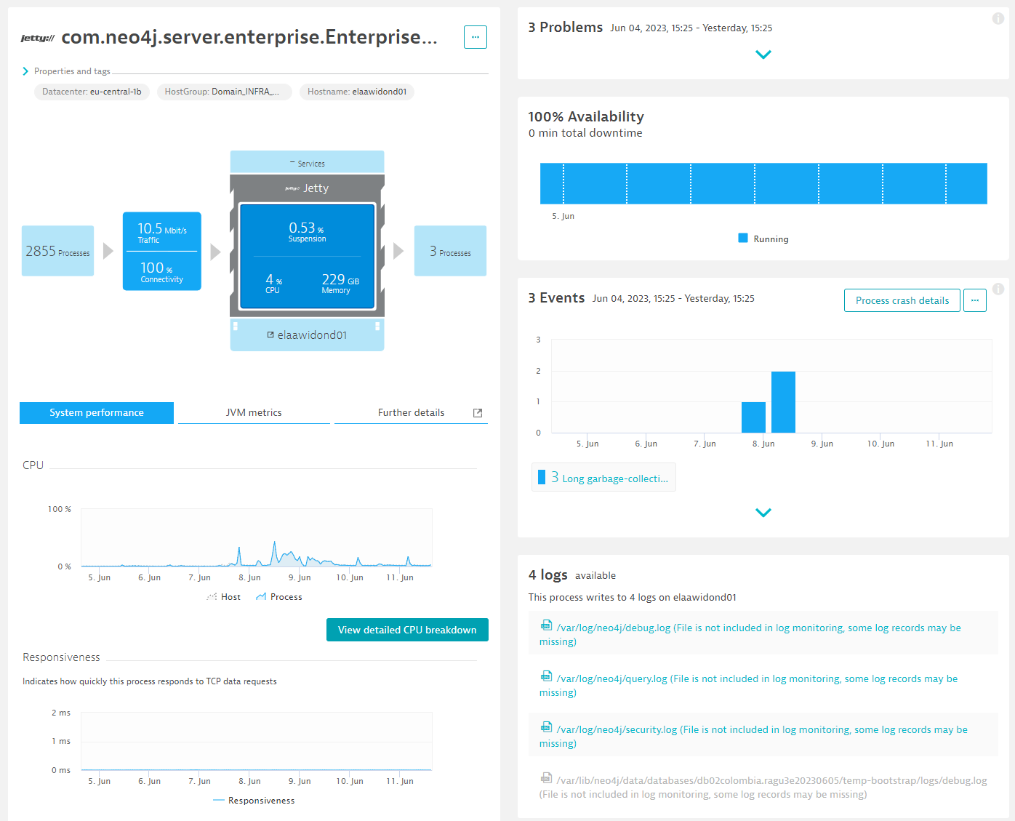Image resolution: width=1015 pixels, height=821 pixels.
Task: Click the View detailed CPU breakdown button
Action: pos(407,630)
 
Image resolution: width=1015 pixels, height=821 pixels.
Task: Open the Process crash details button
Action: pos(902,300)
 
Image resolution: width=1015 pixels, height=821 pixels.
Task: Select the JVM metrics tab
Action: pos(254,412)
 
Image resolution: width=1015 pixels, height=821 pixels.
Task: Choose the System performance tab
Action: pos(97,412)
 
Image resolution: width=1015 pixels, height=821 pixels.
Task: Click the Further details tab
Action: pos(411,412)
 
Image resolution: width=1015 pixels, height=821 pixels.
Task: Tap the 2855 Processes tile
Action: pos(58,251)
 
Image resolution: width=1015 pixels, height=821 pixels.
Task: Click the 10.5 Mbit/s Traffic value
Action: pos(161,233)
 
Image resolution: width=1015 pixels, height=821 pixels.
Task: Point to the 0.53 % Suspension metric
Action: pos(307,231)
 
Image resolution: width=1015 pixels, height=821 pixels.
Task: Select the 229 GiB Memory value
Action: pos(340,283)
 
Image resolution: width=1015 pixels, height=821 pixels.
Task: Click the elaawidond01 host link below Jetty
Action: pos(311,335)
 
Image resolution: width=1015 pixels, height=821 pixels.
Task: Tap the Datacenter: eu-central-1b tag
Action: pos(92,92)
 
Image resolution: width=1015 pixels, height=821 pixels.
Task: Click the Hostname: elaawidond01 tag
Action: pos(356,92)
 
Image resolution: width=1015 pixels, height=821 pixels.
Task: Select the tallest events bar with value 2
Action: pos(783,402)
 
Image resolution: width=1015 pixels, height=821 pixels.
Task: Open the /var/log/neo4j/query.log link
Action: pos(611,678)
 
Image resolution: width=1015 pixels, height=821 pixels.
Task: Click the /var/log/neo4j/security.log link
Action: pos(617,729)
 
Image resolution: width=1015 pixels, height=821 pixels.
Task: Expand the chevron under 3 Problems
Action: pos(763,55)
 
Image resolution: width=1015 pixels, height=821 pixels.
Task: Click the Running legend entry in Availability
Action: pos(770,239)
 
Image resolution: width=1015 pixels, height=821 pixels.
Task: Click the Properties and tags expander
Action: pos(71,71)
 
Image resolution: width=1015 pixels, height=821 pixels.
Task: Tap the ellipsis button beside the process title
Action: pos(476,37)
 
